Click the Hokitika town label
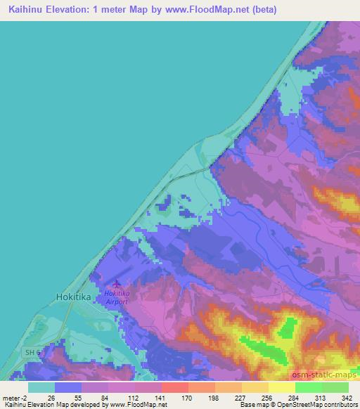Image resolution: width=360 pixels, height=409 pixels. tap(73, 297)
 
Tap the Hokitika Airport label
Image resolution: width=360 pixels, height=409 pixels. tap(117, 297)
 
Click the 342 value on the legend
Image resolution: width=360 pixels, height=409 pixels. tap(347, 397)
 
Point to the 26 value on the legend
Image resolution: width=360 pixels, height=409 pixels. tap(53, 397)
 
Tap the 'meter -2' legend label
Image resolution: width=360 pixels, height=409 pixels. tap(15, 397)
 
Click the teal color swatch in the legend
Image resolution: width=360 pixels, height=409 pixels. tap(41, 387)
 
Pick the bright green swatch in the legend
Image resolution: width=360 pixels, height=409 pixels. tap(308, 387)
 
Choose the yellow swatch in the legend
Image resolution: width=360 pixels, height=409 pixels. tap(281, 387)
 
